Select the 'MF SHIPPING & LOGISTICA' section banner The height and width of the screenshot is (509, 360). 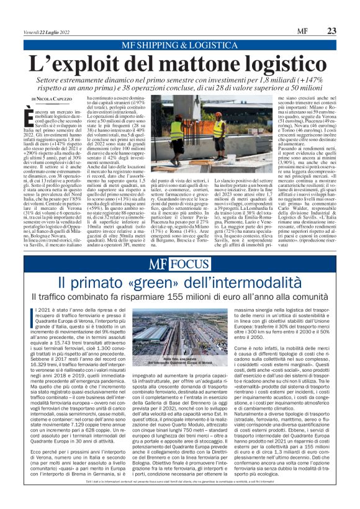pyautogui.click(x=180, y=45)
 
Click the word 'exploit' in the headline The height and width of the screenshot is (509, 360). pyautogui.click(x=92, y=65)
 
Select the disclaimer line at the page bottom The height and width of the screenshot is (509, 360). pyautogui.click(x=180, y=498)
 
